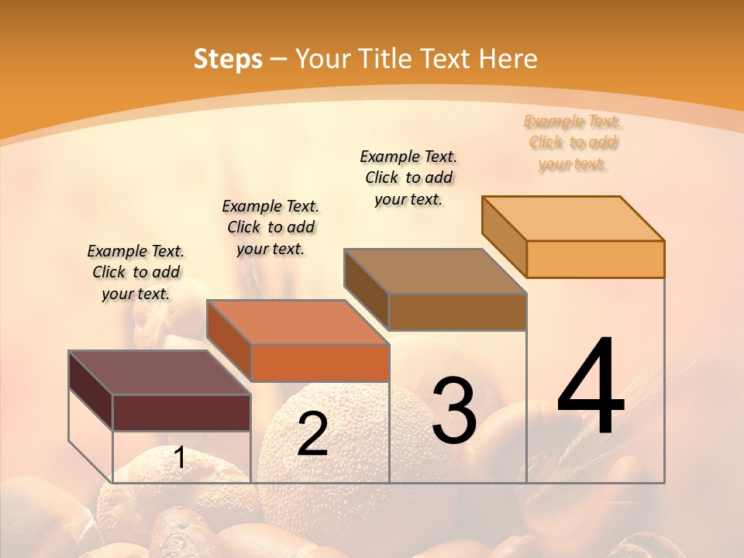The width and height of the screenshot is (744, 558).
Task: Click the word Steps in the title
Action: (228, 59)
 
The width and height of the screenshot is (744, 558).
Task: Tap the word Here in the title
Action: (508, 59)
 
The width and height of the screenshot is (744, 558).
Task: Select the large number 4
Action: (591, 387)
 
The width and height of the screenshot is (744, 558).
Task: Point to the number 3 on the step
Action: (453, 411)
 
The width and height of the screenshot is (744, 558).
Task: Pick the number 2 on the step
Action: (312, 434)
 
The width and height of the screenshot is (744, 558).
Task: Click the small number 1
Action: (180, 458)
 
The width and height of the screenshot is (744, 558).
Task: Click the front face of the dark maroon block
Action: (181, 412)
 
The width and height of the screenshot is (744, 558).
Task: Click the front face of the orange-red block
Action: (319, 363)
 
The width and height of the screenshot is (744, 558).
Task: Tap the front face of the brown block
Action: (457, 312)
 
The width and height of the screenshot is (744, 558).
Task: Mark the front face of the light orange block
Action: (595, 259)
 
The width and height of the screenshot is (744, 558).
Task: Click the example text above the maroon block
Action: (136, 273)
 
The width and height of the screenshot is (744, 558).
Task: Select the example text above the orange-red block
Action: (270, 228)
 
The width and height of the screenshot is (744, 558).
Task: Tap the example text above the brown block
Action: (408, 177)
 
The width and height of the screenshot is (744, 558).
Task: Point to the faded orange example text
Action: (573, 143)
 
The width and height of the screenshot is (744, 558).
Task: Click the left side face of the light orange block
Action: (504, 236)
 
